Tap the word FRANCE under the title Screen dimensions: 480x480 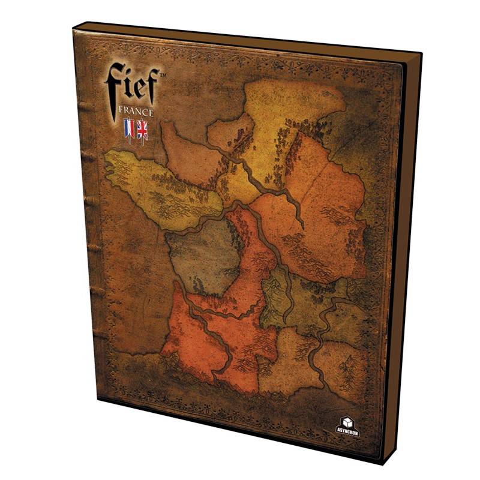tap(134, 112)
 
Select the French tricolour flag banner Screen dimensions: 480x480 tap(128, 130)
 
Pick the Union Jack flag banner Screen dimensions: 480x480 tap(142, 129)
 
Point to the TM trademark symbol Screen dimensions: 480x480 tap(161, 73)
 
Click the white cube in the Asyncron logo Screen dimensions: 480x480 tap(347, 421)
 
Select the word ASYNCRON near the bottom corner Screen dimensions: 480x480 tap(347, 432)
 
